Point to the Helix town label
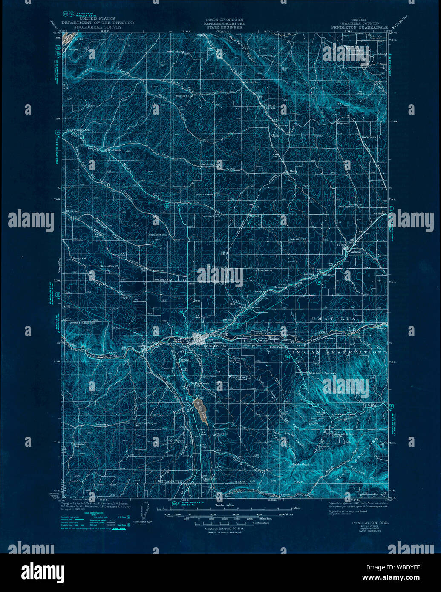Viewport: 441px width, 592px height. pos(293,172)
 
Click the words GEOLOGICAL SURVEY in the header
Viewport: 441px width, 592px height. pos(98,27)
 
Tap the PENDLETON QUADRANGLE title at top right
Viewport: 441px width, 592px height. pos(359,27)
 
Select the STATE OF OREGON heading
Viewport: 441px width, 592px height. pos(224,20)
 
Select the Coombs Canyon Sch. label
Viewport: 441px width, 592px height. pos(145,424)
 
